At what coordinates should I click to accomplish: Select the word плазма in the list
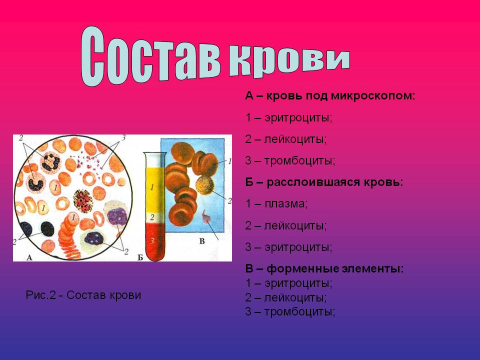[x=286, y=204]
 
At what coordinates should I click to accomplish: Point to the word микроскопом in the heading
[x=373, y=96]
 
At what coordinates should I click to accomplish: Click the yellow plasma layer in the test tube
[x=154, y=190]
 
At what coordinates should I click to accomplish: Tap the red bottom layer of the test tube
[x=154, y=242]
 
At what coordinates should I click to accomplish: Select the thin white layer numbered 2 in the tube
[x=154, y=218]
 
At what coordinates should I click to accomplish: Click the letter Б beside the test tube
[x=140, y=257]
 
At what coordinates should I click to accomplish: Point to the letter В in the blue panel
[x=202, y=241]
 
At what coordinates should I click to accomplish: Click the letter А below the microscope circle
[x=29, y=257]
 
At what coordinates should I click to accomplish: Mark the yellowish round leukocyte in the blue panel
[x=204, y=185]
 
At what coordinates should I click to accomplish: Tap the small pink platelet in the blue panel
[x=206, y=216]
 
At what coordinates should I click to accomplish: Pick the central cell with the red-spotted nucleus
[x=83, y=201]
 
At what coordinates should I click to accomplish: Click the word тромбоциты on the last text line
[x=299, y=312]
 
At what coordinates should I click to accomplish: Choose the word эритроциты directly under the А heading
[x=298, y=118]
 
